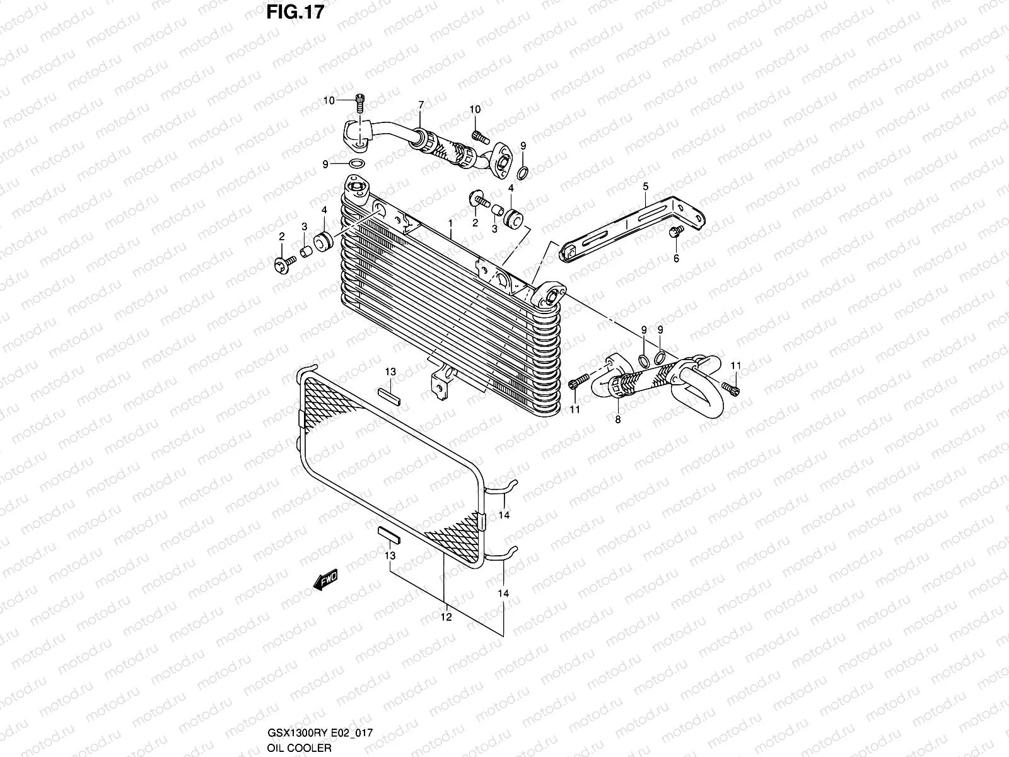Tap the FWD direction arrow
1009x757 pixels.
326,578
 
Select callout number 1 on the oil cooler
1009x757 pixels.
450,224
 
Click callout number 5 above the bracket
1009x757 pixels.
646,186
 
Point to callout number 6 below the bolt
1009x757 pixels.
676,259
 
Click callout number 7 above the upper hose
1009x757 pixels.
421,105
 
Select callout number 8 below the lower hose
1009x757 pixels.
617,419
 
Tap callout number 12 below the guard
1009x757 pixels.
446,618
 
